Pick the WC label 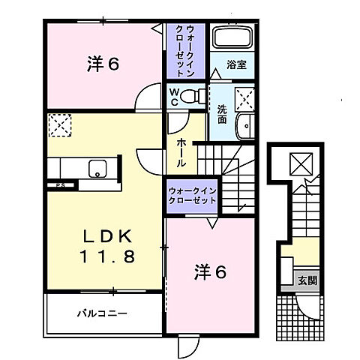coord(173,96)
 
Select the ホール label coord(181,150)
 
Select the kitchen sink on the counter coord(97,169)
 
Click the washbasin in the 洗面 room coord(245,127)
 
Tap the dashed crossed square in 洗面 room coord(242,97)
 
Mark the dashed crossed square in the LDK coord(58,124)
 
